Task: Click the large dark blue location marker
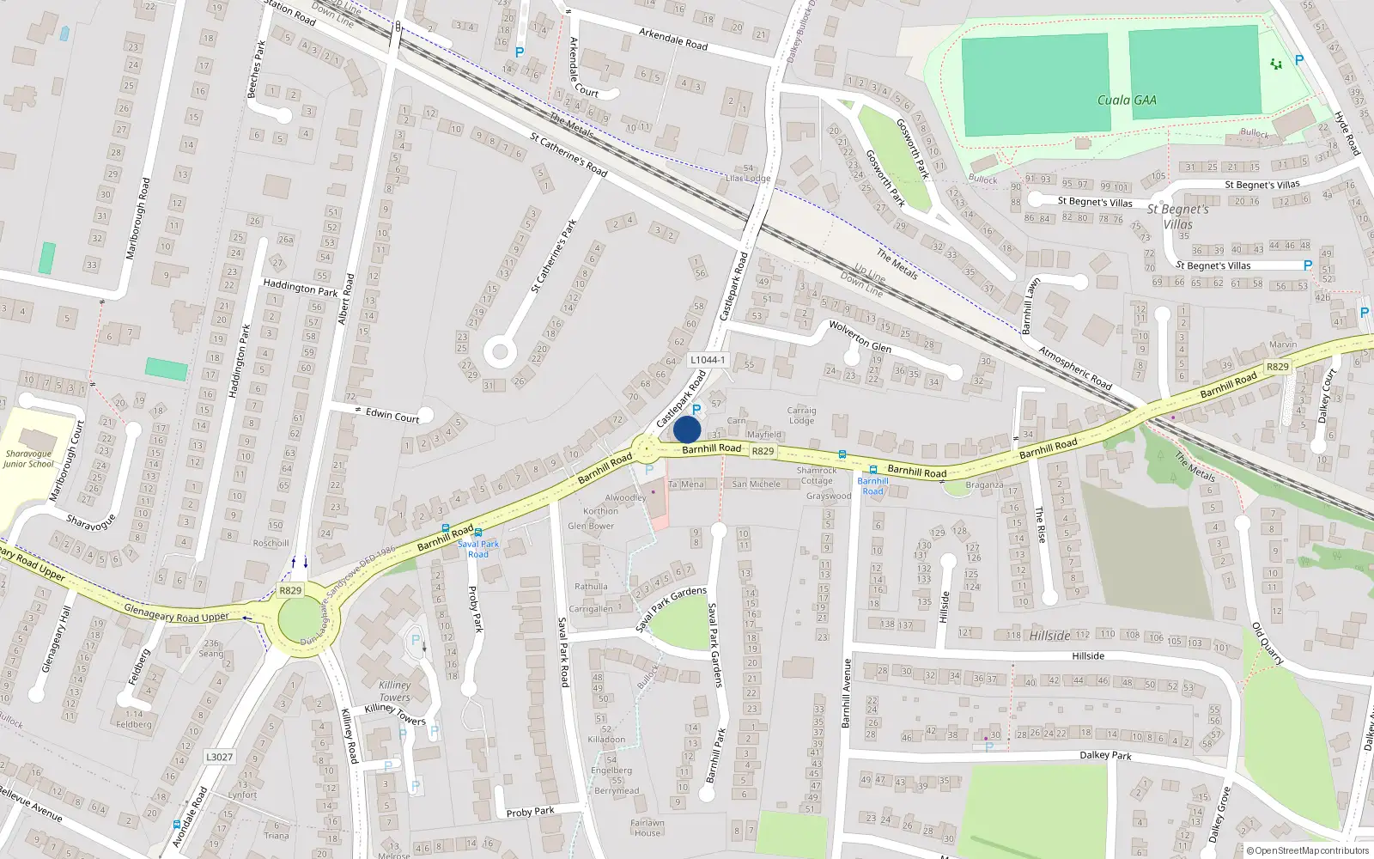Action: click(687, 429)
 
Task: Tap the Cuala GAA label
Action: click(1127, 101)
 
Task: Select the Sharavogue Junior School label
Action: click(28, 459)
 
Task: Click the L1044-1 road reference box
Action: click(708, 360)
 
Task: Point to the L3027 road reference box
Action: click(219, 757)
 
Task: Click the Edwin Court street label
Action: click(392, 415)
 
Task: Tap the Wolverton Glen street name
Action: click(860, 336)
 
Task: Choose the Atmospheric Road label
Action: click(1074, 368)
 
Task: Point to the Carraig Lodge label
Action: click(801, 416)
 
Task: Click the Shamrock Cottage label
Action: click(816, 475)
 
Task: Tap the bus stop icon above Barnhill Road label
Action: click(873, 470)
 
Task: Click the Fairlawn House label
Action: click(647, 827)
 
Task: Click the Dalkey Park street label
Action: click(1105, 756)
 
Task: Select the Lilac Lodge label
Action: click(748, 179)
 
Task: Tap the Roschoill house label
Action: click(271, 543)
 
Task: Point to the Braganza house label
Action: click(984, 484)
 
